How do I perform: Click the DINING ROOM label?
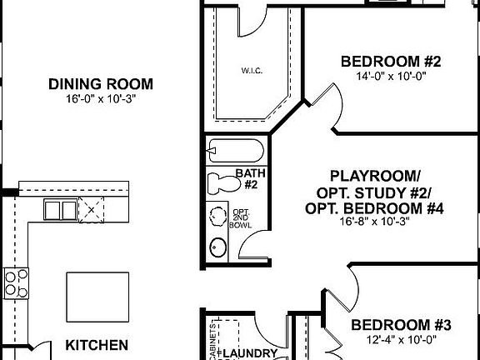pos(100,83)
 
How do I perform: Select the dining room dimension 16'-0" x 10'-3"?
pos(100,97)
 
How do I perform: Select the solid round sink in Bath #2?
pos(219,247)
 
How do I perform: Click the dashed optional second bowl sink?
pos(219,214)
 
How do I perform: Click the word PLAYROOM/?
pos(375,176)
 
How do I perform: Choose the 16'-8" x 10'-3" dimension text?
pos(375,222)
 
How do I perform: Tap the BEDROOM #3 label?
pos(400,325)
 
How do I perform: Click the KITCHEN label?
pos(97,344)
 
